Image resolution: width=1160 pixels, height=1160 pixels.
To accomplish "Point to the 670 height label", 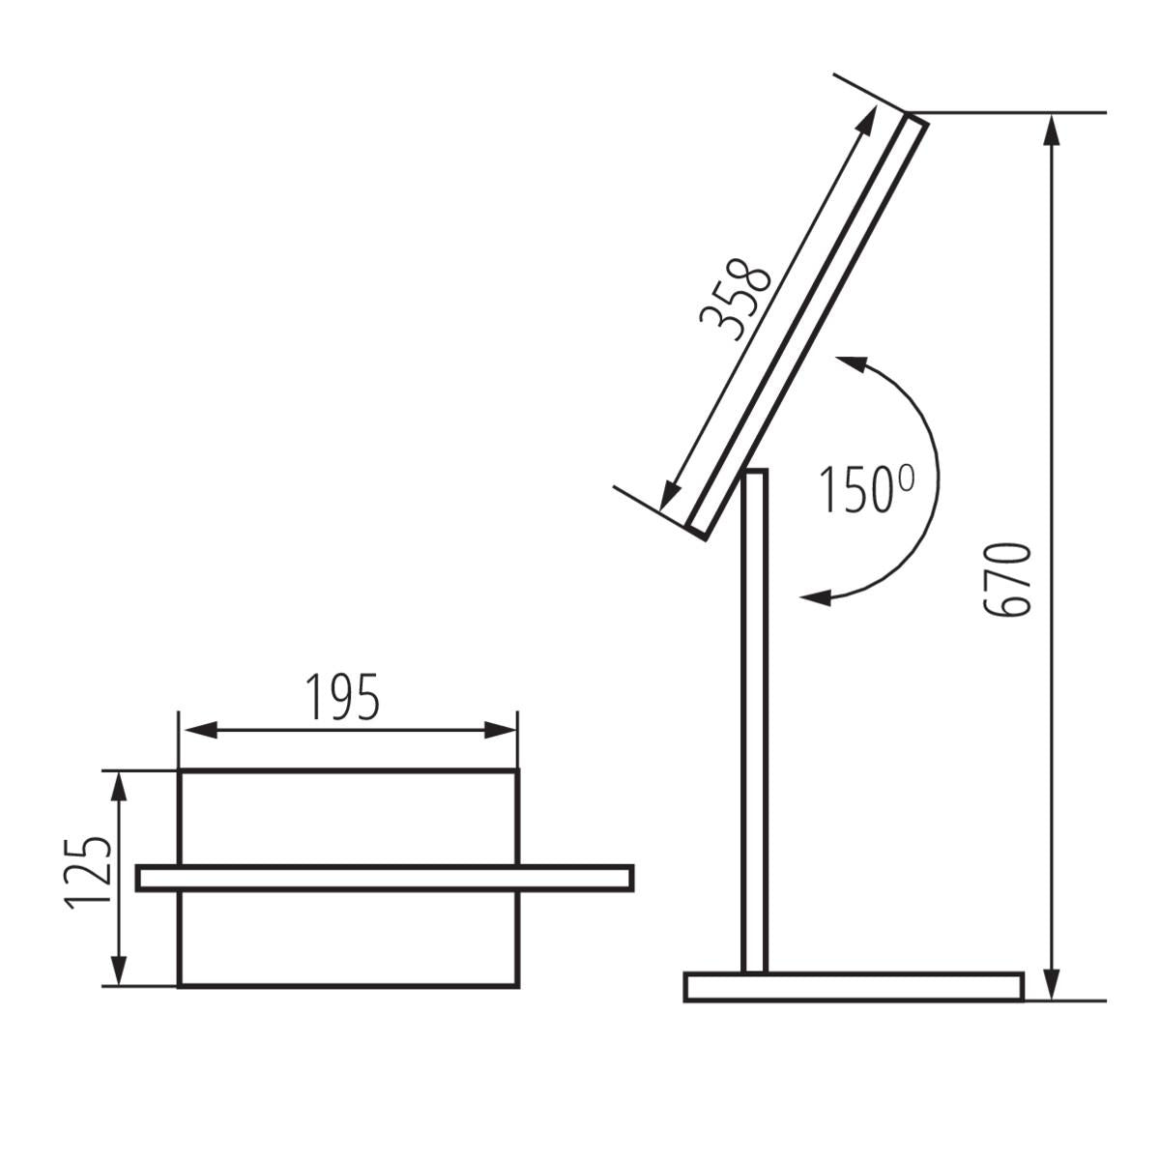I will [x=1006, y=580].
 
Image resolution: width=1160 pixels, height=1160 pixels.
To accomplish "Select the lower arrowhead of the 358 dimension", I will [x=668, y=494].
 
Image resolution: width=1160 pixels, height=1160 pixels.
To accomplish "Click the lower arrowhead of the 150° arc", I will [x=817, y=596].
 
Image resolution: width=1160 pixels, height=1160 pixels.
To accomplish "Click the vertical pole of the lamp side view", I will [x=755, y=725].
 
